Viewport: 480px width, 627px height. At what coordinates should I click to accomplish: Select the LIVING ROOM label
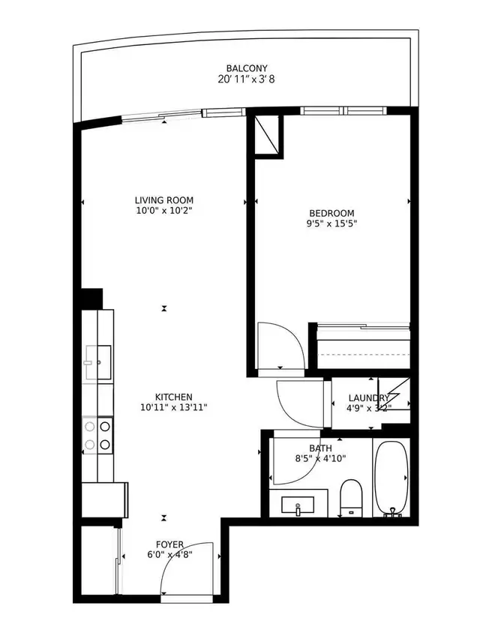pos(164,200)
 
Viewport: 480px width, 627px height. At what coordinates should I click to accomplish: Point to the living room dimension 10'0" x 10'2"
pos(164,211)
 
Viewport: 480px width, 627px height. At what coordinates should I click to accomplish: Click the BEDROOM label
pos(331,213)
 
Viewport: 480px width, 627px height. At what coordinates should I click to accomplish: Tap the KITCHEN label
pos(174,397)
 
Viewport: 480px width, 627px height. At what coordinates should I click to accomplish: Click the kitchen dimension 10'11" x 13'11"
pos(174,407)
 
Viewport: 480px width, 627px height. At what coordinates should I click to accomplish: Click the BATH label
pos(319,448)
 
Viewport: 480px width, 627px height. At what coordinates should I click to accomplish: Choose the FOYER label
pos(169,544)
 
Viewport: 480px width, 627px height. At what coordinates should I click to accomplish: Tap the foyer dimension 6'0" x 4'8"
pos(169,555)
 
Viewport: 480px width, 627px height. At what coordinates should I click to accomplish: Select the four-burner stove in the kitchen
pos(97,435)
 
